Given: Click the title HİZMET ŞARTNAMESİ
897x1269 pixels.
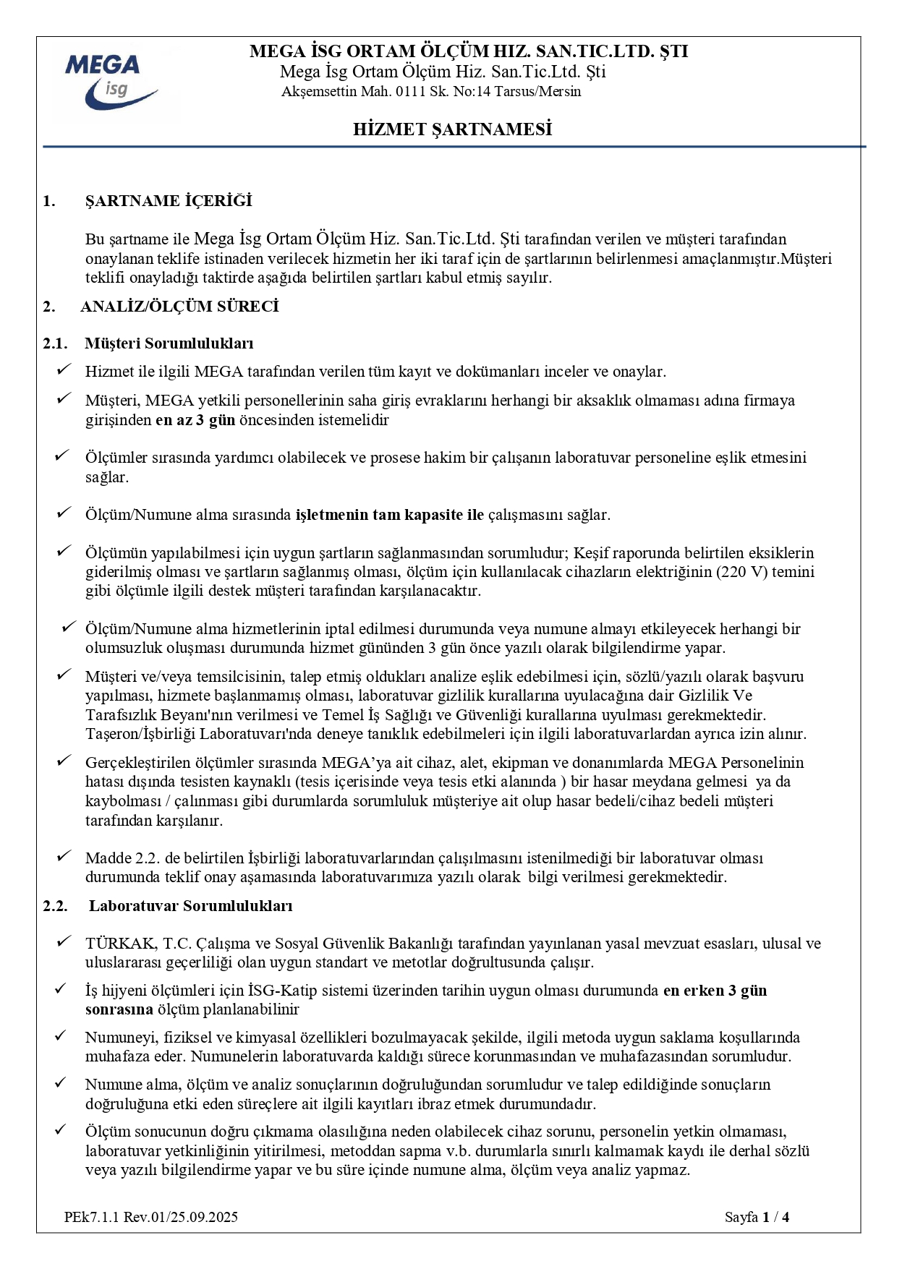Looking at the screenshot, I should (452, 129).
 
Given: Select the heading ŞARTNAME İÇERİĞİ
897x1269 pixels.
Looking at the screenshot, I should (169, 201).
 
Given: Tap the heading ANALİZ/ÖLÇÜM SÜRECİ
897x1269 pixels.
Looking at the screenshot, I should (179, 307).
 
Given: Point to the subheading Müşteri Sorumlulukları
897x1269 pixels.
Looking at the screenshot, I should (169, 343).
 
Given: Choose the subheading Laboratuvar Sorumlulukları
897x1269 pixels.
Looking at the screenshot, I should (190, 906).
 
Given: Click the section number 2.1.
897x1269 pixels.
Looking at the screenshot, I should (55, 343).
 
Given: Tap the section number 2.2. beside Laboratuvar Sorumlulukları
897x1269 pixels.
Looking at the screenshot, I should (55, 906).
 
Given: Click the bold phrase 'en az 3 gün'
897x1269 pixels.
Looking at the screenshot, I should (195, 420).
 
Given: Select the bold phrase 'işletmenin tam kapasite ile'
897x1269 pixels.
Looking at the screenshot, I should (389, 515).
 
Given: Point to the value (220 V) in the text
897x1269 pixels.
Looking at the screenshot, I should (742, 572).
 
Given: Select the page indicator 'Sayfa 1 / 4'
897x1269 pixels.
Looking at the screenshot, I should (757, 1217).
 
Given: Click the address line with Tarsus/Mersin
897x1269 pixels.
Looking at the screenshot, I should (431, 92).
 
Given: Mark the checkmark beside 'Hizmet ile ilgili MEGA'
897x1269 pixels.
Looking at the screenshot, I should (64, 370).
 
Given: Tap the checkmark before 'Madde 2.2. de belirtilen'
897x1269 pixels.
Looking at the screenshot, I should (64, 857).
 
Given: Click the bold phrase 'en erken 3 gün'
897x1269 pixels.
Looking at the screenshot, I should (715, 991).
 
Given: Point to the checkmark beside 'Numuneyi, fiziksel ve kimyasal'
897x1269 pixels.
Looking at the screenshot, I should (61, 1036).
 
